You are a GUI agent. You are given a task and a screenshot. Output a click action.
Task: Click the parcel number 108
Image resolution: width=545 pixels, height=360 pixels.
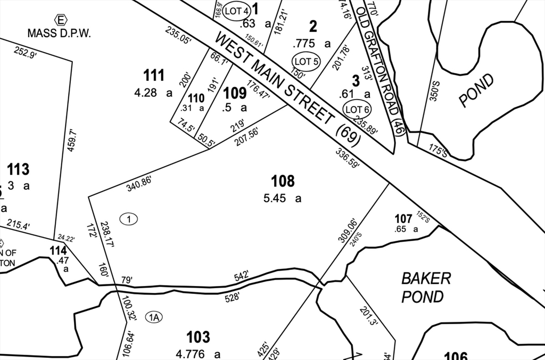tap(283, 182)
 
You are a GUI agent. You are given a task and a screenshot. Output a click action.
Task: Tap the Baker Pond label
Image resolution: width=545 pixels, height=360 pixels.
tap(426, 287)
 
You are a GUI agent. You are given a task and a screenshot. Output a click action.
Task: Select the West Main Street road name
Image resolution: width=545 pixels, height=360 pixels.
tap(288, 88)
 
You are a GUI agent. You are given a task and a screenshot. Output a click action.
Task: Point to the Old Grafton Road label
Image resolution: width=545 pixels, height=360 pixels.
tap(381, 69)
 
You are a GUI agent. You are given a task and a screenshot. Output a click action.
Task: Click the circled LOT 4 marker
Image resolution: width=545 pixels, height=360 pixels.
tap(236, 11)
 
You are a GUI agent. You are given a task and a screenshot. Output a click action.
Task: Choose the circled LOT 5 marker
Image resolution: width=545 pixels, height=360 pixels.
tap(305, 62)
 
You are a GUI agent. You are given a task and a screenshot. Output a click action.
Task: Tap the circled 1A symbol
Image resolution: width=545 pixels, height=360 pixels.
tap(154, 317)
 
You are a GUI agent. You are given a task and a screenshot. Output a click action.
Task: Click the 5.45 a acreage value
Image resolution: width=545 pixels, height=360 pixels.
tap(282, 199)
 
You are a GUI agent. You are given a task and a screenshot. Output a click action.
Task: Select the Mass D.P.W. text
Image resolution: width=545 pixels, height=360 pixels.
tap(60, 33)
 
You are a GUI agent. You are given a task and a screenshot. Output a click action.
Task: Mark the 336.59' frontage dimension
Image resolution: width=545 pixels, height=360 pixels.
tap(348, 158)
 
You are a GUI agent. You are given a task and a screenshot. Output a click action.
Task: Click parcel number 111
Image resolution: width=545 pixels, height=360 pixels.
tap(154, 76)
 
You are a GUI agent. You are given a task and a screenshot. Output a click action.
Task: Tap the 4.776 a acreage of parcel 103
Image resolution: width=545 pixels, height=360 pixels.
tap(198, 354)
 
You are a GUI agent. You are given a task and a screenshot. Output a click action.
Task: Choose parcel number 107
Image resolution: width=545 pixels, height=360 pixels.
tap(403, 218)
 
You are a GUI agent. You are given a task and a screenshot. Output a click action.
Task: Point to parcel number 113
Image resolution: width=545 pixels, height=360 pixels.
tap(18, 170)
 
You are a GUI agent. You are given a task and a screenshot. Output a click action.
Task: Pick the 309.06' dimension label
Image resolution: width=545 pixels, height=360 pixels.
tap(346, 230)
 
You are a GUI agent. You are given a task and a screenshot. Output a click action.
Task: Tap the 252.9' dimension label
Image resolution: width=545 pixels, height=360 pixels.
tap(25, 53)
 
